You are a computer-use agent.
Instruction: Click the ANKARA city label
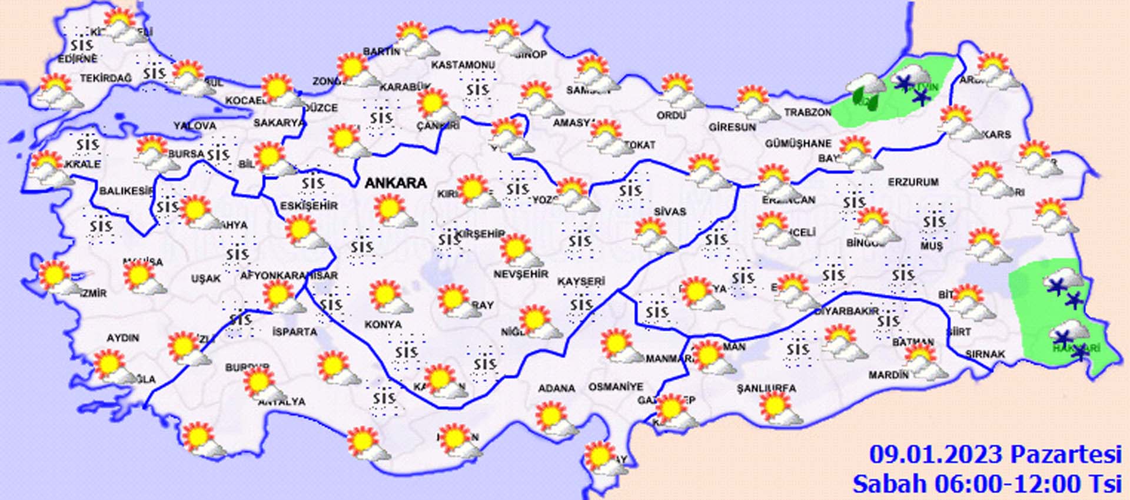point(395,183)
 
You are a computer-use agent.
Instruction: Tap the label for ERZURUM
point(913,183)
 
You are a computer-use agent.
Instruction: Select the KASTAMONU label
point(463,65)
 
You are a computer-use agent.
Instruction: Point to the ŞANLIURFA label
point(766,389)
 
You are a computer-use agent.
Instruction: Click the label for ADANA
point(556,389)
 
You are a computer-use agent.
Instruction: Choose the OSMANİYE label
point(616,388)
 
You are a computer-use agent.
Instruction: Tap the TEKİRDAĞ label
point(106,78)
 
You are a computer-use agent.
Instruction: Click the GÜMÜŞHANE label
point(798,144)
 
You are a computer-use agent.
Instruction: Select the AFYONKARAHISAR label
point(289,276)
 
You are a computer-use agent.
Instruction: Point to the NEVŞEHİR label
point(520,274)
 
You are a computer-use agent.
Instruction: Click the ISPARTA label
point(295,332)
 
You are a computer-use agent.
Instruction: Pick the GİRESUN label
point(732,127)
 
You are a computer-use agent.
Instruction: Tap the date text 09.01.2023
point(936,455)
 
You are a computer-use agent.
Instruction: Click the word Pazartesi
point(1066,455)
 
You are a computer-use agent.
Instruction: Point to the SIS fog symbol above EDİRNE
point(82,45)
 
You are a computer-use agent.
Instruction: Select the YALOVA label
point(195,126)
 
